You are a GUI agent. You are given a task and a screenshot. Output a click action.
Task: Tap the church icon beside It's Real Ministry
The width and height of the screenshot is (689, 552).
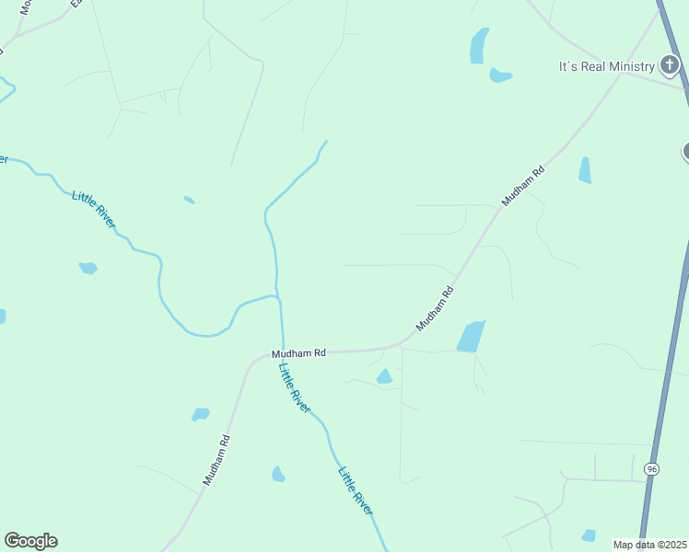pos(670,65)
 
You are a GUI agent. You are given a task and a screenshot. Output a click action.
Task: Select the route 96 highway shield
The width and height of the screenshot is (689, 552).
pos(651,469)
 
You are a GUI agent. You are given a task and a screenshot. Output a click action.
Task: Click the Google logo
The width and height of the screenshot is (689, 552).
pos(30,541)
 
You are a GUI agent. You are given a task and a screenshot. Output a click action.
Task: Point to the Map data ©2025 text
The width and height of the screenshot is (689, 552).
pos(649,545)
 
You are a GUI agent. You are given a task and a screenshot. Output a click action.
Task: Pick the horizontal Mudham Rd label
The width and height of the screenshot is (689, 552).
pos(298,353)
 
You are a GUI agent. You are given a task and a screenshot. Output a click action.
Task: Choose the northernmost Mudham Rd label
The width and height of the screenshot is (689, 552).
pos(523,185)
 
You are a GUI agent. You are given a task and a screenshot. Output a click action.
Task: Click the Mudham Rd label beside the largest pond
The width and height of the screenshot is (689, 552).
pos(436,308)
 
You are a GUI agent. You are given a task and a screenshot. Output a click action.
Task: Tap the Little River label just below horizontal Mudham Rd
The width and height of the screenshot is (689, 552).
pos(295,386)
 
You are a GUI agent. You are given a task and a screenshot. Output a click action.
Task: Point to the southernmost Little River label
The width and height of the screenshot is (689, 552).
pos(356,491)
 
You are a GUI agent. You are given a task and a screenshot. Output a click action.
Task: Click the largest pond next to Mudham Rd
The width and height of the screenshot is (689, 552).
pos(471,337)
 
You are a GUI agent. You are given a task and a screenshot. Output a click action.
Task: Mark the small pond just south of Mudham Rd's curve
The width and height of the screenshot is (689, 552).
pos(384,376)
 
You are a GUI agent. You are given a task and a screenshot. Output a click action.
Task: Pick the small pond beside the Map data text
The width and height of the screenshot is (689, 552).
pos(589,535)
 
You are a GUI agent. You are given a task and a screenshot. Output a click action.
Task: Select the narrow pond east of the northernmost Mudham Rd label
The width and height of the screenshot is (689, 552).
pos(585,170)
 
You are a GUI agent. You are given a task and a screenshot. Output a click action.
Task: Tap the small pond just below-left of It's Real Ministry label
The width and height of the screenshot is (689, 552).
pos(500,75)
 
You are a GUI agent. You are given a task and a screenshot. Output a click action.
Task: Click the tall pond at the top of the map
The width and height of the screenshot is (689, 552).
pos(479,45)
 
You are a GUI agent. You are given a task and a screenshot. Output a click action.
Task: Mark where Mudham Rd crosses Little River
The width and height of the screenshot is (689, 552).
pos(282,351)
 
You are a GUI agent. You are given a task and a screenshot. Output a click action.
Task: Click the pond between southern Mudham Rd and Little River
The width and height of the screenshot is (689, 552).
pos(278,475)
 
